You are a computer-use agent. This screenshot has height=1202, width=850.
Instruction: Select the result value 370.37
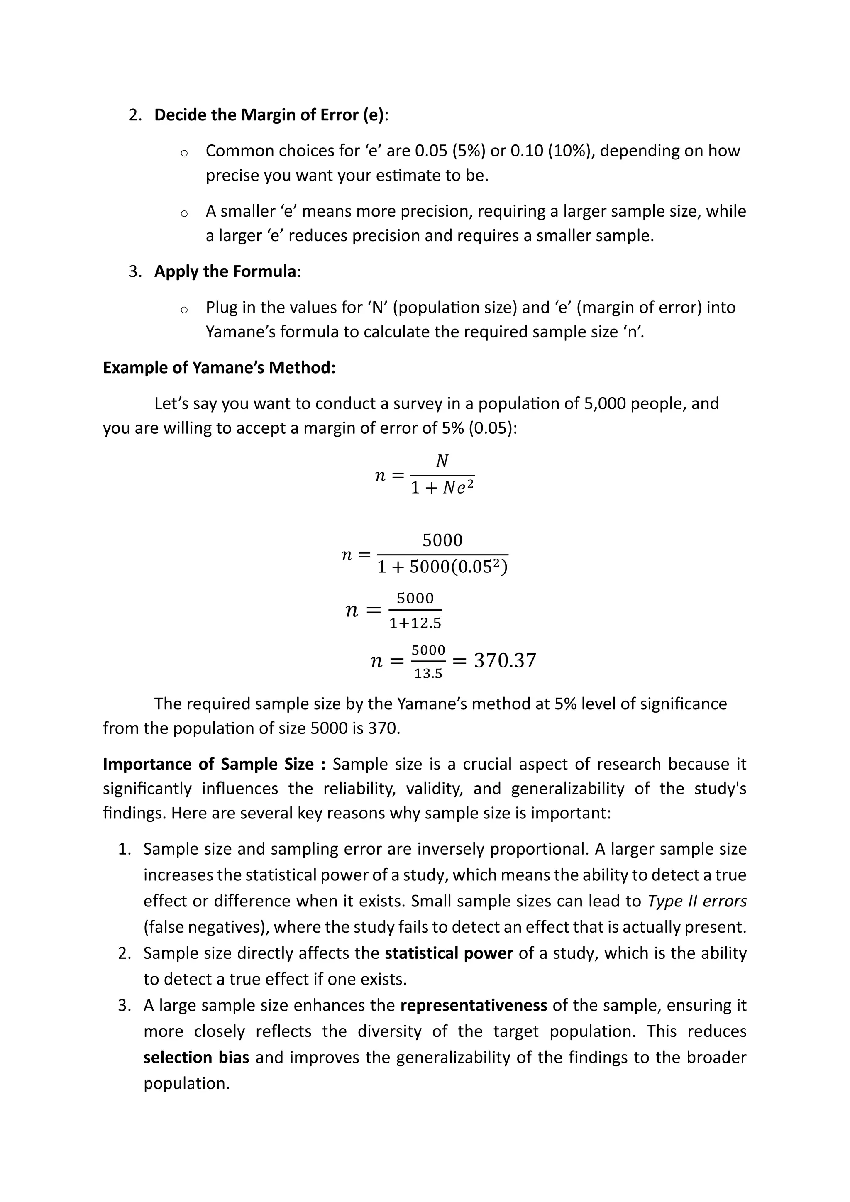point(505,661)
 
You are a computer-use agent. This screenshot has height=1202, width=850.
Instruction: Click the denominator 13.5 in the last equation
point(428,674)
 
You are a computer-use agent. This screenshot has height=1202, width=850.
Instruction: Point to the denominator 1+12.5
point(415,623)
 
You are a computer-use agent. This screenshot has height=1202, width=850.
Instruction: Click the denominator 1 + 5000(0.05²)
point(442,567)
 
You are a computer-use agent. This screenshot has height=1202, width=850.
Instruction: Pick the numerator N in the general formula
point(442,461)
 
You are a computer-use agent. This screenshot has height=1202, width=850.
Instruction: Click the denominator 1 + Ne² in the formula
point(442,488)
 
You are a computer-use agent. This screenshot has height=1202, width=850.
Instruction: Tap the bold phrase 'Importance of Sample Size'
point(208,765)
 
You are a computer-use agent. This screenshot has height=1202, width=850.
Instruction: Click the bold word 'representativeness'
point(474,1006)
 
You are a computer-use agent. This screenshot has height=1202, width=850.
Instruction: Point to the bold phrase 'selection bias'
point(196,1058)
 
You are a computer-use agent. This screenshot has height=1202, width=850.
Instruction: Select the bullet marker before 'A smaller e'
point(184,213)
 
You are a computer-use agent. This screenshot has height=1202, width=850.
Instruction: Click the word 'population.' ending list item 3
point(187,1083)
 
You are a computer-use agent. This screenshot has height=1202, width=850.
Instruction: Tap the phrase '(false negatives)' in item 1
point(206,927)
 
